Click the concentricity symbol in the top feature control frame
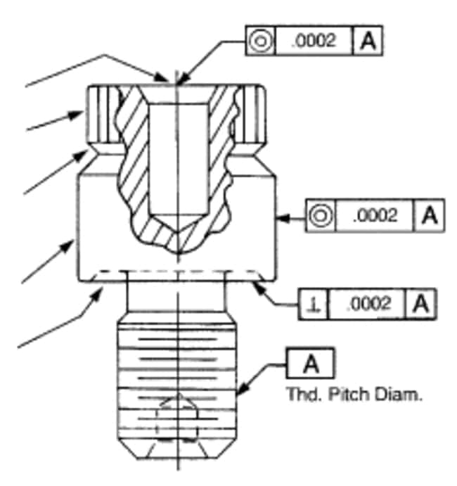tap(261, 41)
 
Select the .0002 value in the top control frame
tap(314, 41)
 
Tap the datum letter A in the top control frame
tap(368, 41)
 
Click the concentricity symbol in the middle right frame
tap(321, 215)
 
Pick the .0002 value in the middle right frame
tap(375, 215)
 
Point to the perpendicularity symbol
tap(314, 305)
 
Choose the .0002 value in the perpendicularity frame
tap(368, 304)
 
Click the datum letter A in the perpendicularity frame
tap(421, 304)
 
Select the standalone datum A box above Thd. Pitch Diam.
tap(311, 363)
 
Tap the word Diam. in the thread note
tap(398, 395)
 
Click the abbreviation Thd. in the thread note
tap(305, 395)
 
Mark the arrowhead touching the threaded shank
tap(243, 388)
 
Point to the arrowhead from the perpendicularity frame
tap(259, 287)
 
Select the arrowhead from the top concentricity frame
tap(183, 78)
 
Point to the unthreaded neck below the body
tap(176, 297)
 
